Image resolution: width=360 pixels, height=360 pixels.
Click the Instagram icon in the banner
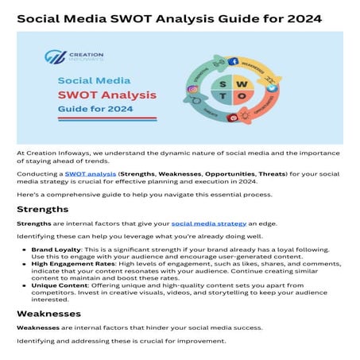pos(193,90)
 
